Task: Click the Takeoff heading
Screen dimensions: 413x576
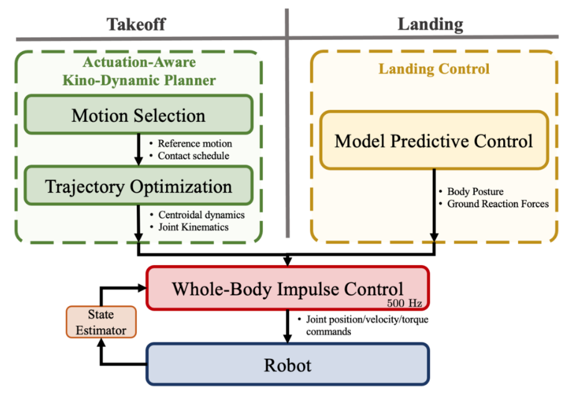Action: point(136,25)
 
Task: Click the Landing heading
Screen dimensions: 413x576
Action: point(430,25)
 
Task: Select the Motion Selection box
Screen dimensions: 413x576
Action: point(138,115)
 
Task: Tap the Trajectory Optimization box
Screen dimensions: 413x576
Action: point(138,187)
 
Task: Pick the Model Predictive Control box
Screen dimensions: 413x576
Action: point(434,141)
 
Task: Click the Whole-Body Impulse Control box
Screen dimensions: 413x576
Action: point(287,288)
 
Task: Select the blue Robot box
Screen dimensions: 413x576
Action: point(287,364)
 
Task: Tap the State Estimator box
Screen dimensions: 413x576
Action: point(100,322)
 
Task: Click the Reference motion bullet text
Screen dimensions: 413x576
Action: point(193,144)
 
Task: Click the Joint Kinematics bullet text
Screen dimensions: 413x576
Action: point(193,227)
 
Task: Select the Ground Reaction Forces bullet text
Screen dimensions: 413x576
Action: point(498,203)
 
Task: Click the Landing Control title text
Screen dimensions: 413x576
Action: point(434,69)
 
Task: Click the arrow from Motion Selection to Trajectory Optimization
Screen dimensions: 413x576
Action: point(138,150)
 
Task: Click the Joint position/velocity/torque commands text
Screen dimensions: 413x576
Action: point(367,325)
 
